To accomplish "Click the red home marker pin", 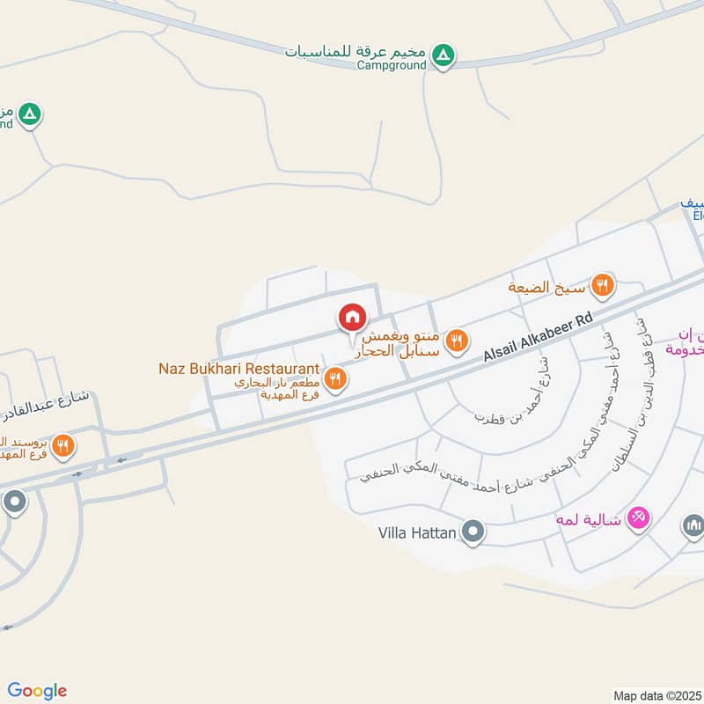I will (x=352, y=317).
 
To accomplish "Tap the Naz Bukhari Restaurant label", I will (x=238, y=367).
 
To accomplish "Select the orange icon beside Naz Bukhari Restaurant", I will (x=334, y=379).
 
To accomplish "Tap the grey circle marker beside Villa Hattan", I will (x=473, y=532).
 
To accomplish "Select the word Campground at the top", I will (x=392, y=65).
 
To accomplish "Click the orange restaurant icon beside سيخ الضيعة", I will (x=603, y=284).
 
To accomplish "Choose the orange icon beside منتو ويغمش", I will (x=456, y=341).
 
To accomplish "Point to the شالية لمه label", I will (x=588, y=519).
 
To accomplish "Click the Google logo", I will (x=38, y=691).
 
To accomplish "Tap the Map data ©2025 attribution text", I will (x=658, y=696).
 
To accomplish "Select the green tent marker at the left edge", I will (x=30, y=114).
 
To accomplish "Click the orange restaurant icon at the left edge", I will (x=62, y=445).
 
